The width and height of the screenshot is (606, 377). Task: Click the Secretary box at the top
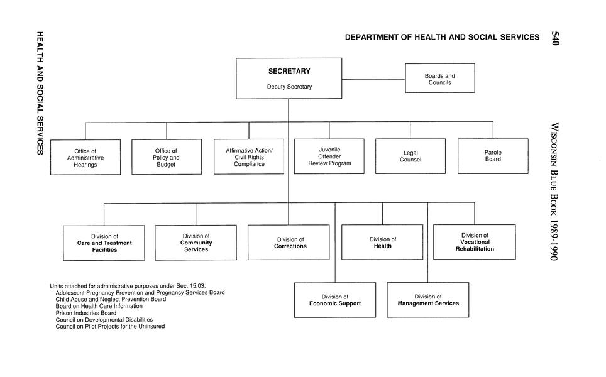click(289, 78)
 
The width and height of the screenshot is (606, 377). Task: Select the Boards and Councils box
click(439, 79)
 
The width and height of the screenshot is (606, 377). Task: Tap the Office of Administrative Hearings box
click(85, 157)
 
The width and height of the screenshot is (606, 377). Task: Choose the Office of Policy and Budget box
click(167, 157)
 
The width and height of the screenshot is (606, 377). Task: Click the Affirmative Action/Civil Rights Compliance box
click(249, 156)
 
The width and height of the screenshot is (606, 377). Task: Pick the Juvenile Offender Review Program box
click(329, 156)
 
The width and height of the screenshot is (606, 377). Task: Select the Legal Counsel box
click(410, 156)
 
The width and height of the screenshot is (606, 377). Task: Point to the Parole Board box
click(493, 156)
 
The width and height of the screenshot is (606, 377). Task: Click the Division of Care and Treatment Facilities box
click(104, 243)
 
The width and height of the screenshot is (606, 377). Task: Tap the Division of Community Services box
click(196, 242)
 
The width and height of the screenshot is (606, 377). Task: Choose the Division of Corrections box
click(289, 242)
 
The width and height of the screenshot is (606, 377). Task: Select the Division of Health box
click(382, 242)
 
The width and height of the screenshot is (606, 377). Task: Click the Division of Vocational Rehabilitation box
click(475, 241)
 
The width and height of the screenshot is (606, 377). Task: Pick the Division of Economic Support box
click(335, 300)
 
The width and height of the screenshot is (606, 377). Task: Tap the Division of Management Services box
click(427, 300)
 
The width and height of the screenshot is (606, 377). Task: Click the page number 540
click(555, 38)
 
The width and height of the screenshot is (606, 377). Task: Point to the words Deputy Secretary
click(289, 87)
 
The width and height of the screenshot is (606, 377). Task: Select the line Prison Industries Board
click(86, 313)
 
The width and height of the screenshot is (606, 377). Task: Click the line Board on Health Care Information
click(99, 306)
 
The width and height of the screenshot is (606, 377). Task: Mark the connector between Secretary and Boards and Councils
click(373, 79)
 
